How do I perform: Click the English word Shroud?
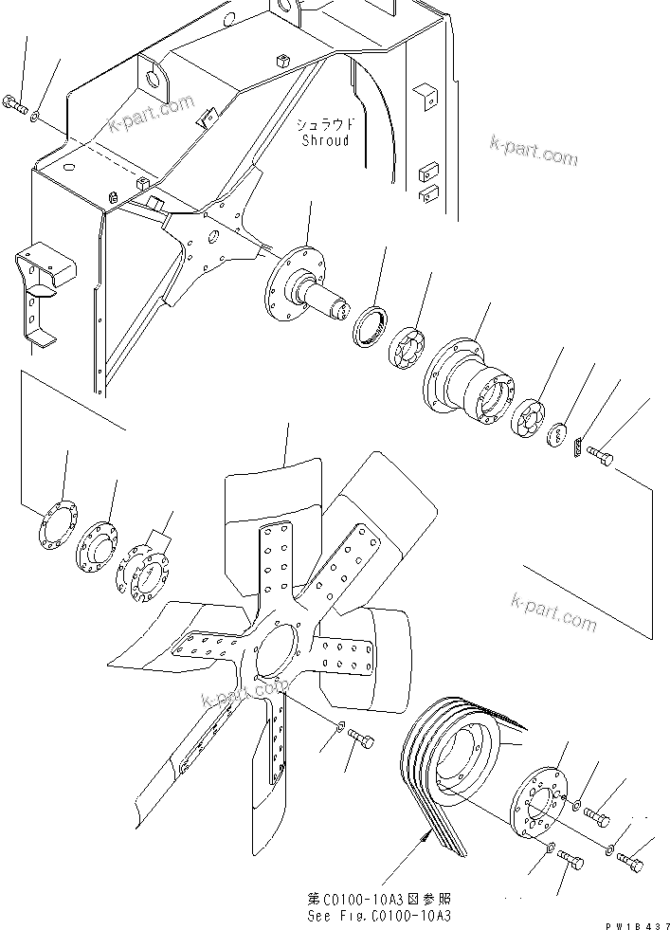click(325, 140)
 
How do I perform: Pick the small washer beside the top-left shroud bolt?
click(34, 116)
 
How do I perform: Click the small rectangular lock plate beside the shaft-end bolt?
click(579, 443)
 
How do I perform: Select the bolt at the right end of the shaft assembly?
click(600, 458)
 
